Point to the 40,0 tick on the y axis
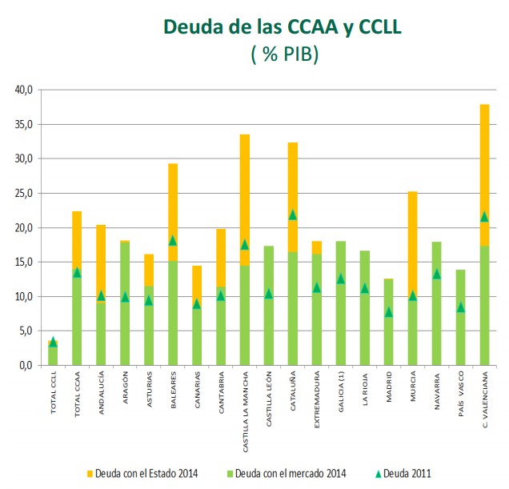point(23,90)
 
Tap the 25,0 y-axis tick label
point(23,194)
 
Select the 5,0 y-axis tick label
point(26,331)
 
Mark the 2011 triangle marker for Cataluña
point(292,214)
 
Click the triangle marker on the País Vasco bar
point(460,307)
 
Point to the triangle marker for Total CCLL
point(53,342)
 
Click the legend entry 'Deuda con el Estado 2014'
point(146,474)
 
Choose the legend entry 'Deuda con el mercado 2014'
point(288,474)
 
